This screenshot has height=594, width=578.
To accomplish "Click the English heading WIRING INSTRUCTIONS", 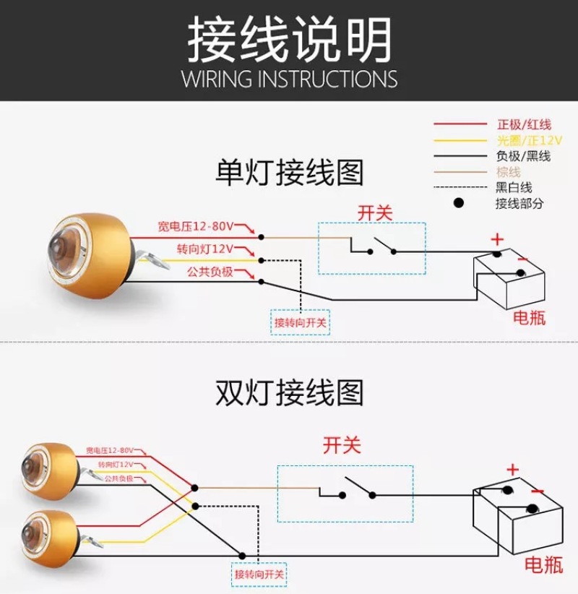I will [x=289, y=78].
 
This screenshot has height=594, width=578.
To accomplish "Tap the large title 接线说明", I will [x=289, y=38].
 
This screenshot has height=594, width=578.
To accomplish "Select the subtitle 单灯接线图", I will [x=290, y=173].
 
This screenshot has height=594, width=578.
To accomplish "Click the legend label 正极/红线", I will [x=523, y=124].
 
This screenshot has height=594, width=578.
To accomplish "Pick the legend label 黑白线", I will [x=514, y=188].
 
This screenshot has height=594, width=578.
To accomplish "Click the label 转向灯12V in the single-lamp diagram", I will [x=204, y=249].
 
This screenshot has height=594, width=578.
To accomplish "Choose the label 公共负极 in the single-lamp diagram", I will [x=210, y=272].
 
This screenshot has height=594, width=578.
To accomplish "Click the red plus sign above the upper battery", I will [x=496, y=238].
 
